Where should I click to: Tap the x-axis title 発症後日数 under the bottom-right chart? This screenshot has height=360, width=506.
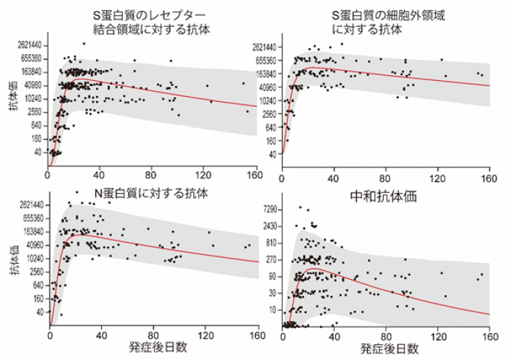point(388,348)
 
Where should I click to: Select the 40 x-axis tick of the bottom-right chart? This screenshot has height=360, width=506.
point(334,335)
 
